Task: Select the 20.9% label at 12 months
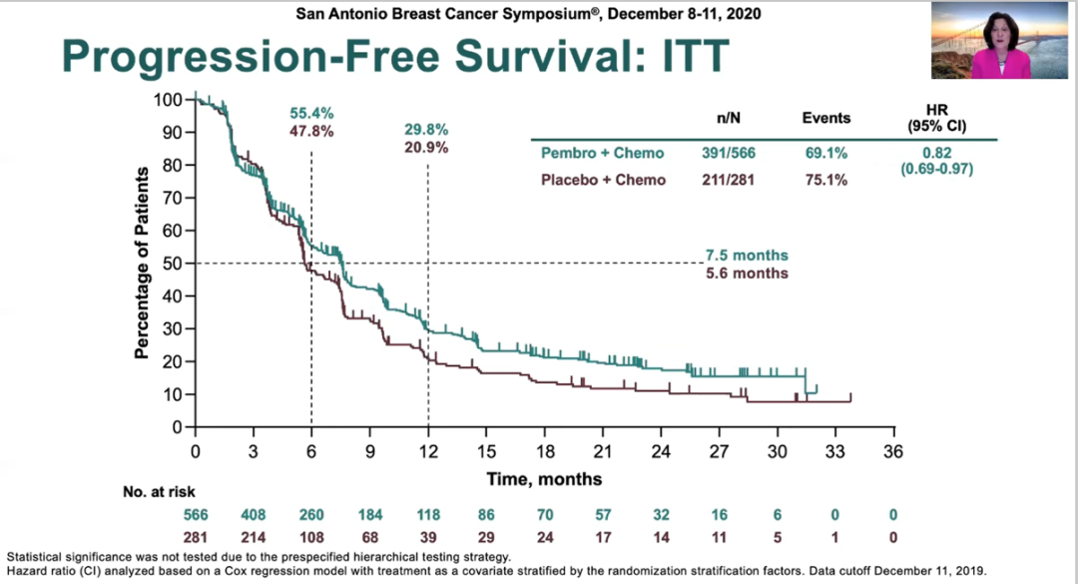426,148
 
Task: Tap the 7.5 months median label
747,256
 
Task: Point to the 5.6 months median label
747,274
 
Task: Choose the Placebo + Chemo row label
603,181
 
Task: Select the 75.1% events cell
825,181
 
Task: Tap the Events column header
826,118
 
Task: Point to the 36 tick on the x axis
893,451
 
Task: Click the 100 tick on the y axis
169,100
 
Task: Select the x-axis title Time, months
544,479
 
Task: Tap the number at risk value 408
254,515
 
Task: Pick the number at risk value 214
254,535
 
